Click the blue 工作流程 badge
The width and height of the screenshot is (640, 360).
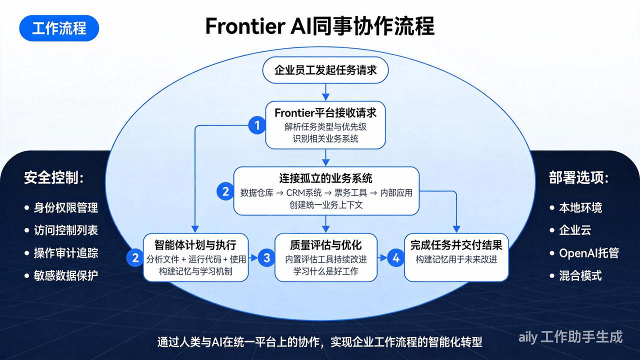[59, 28]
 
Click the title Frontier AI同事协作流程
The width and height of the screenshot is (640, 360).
[319, 26]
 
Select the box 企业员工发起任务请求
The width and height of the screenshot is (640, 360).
[325, 70]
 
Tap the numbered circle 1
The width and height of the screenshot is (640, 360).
[257, 125]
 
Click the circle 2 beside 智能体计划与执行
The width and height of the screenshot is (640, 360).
[135, 258]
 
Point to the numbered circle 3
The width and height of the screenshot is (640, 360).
[266, 258]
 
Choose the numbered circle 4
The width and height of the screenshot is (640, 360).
[396, 258]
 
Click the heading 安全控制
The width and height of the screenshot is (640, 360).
[54, 178]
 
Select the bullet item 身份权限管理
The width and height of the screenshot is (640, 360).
[65, 207]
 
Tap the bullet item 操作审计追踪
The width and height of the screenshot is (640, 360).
[65, 252]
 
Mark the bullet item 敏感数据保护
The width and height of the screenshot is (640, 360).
[65, 275]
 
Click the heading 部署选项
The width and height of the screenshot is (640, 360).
[579, 178]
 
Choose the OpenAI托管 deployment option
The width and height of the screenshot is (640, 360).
[588, 252]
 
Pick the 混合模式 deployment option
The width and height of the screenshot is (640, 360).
[580, 275]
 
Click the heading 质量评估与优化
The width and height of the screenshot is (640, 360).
[325, 245]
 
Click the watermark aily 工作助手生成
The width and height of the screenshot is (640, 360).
[570, 337]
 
